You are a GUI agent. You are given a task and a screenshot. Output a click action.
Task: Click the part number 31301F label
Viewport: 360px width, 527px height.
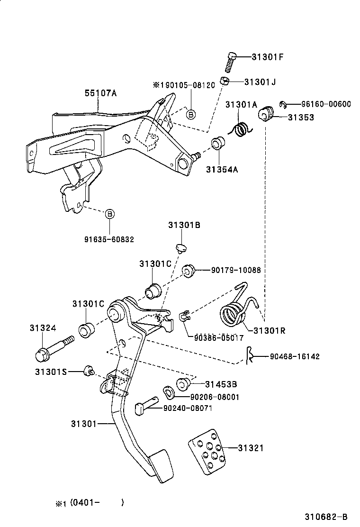tap(267, 57)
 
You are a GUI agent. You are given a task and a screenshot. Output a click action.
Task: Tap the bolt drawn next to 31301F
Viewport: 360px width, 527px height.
tap(231, 63)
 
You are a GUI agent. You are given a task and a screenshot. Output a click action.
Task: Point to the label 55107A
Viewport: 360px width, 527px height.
tap(101, 93)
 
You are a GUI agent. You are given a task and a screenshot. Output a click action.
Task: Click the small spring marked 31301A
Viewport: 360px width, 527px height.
tap(241, 129)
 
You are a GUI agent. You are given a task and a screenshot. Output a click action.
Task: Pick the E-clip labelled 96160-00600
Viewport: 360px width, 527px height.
tap(282, 105)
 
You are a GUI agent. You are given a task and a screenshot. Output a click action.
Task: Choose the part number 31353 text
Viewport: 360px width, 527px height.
tap(301, 118)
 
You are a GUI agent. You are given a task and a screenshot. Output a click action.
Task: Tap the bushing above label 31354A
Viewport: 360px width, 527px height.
tap(217, 143)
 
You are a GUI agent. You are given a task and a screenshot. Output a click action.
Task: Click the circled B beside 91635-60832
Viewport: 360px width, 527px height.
tap(109, 214)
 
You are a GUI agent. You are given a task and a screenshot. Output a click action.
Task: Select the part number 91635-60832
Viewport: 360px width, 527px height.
tap(109, 239)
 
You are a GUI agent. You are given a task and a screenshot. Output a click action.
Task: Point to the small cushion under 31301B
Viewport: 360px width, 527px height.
tap(181, 248)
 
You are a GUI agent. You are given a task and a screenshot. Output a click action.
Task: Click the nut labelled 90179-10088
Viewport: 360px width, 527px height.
tap(189, 271)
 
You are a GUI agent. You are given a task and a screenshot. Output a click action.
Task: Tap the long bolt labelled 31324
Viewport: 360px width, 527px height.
tap(55, 348)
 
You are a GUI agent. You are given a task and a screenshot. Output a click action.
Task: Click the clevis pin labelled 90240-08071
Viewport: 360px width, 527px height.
tap(146, 405)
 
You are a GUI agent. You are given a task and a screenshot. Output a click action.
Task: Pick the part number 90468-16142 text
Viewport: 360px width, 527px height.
tap(295, 356)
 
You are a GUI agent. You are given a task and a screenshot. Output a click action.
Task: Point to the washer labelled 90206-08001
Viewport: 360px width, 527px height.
tap(169, 393)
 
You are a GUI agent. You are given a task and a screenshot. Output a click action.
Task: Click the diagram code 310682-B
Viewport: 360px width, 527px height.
tap(326, 517)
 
